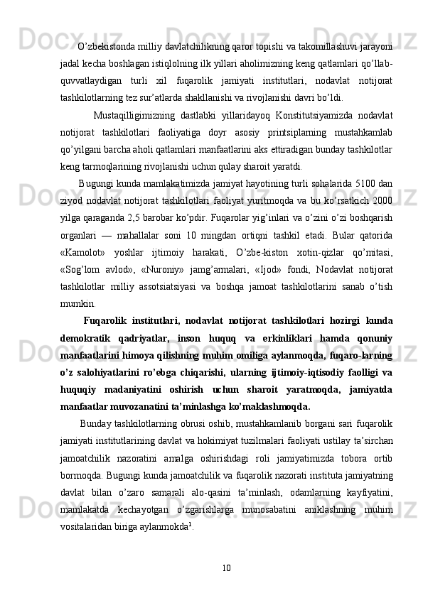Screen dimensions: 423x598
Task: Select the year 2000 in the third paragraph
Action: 383,200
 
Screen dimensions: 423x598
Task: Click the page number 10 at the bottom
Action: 226,567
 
